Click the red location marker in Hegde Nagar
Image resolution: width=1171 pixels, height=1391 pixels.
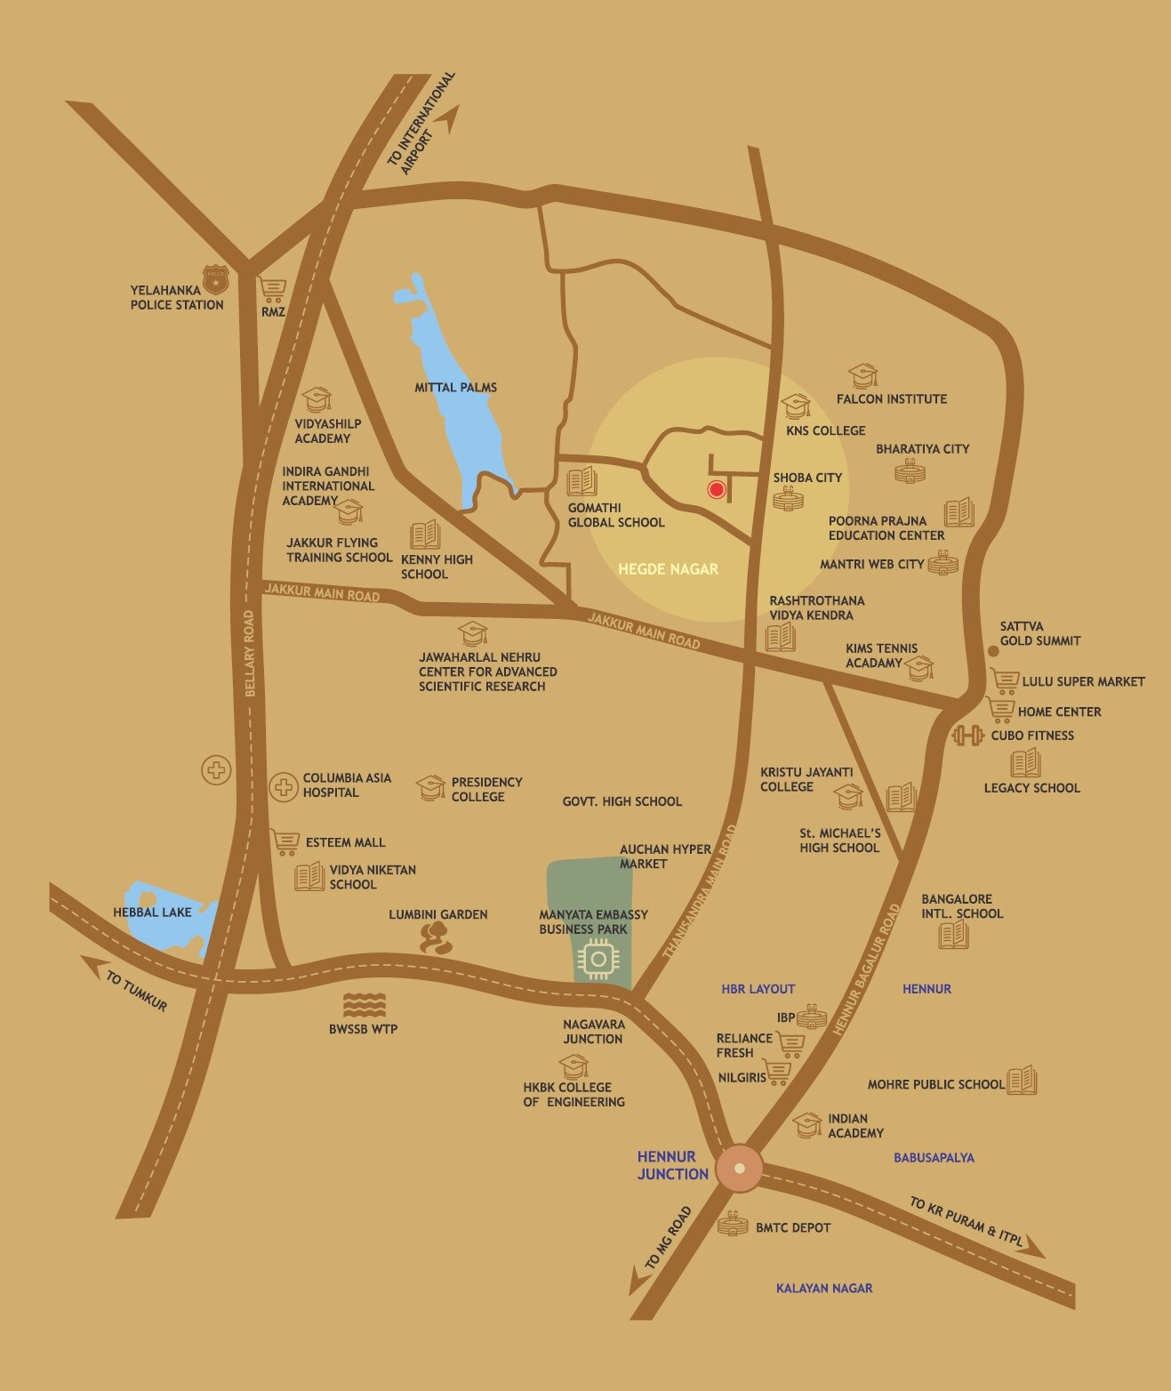point(717,489)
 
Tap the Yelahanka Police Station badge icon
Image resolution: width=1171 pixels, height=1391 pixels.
point(215,279)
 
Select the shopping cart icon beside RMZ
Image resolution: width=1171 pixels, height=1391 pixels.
point(272,290)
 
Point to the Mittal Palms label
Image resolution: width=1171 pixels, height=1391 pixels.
point(455,388)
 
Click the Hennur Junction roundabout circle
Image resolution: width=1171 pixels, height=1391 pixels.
point(740,1169)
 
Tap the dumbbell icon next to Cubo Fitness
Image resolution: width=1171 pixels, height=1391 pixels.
point(967,736)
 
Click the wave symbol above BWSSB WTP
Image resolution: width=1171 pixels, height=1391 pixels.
point(364,1005)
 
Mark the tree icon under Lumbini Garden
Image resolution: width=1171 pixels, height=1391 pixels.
point(436,937)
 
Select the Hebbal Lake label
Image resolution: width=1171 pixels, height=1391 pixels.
point(152,913)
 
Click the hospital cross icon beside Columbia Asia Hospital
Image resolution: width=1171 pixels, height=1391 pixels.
point(284,786)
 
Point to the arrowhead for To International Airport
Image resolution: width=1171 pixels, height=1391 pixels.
point(455,117)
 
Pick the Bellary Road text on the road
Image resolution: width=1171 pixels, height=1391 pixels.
point(250,654)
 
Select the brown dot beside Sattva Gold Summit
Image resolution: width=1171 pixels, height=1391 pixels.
point(993,651)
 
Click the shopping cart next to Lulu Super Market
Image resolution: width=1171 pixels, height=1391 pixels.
point(1005,681)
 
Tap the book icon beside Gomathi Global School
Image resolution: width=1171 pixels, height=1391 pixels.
point(581,481)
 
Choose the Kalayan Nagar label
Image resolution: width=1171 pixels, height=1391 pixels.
point(823,1288)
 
